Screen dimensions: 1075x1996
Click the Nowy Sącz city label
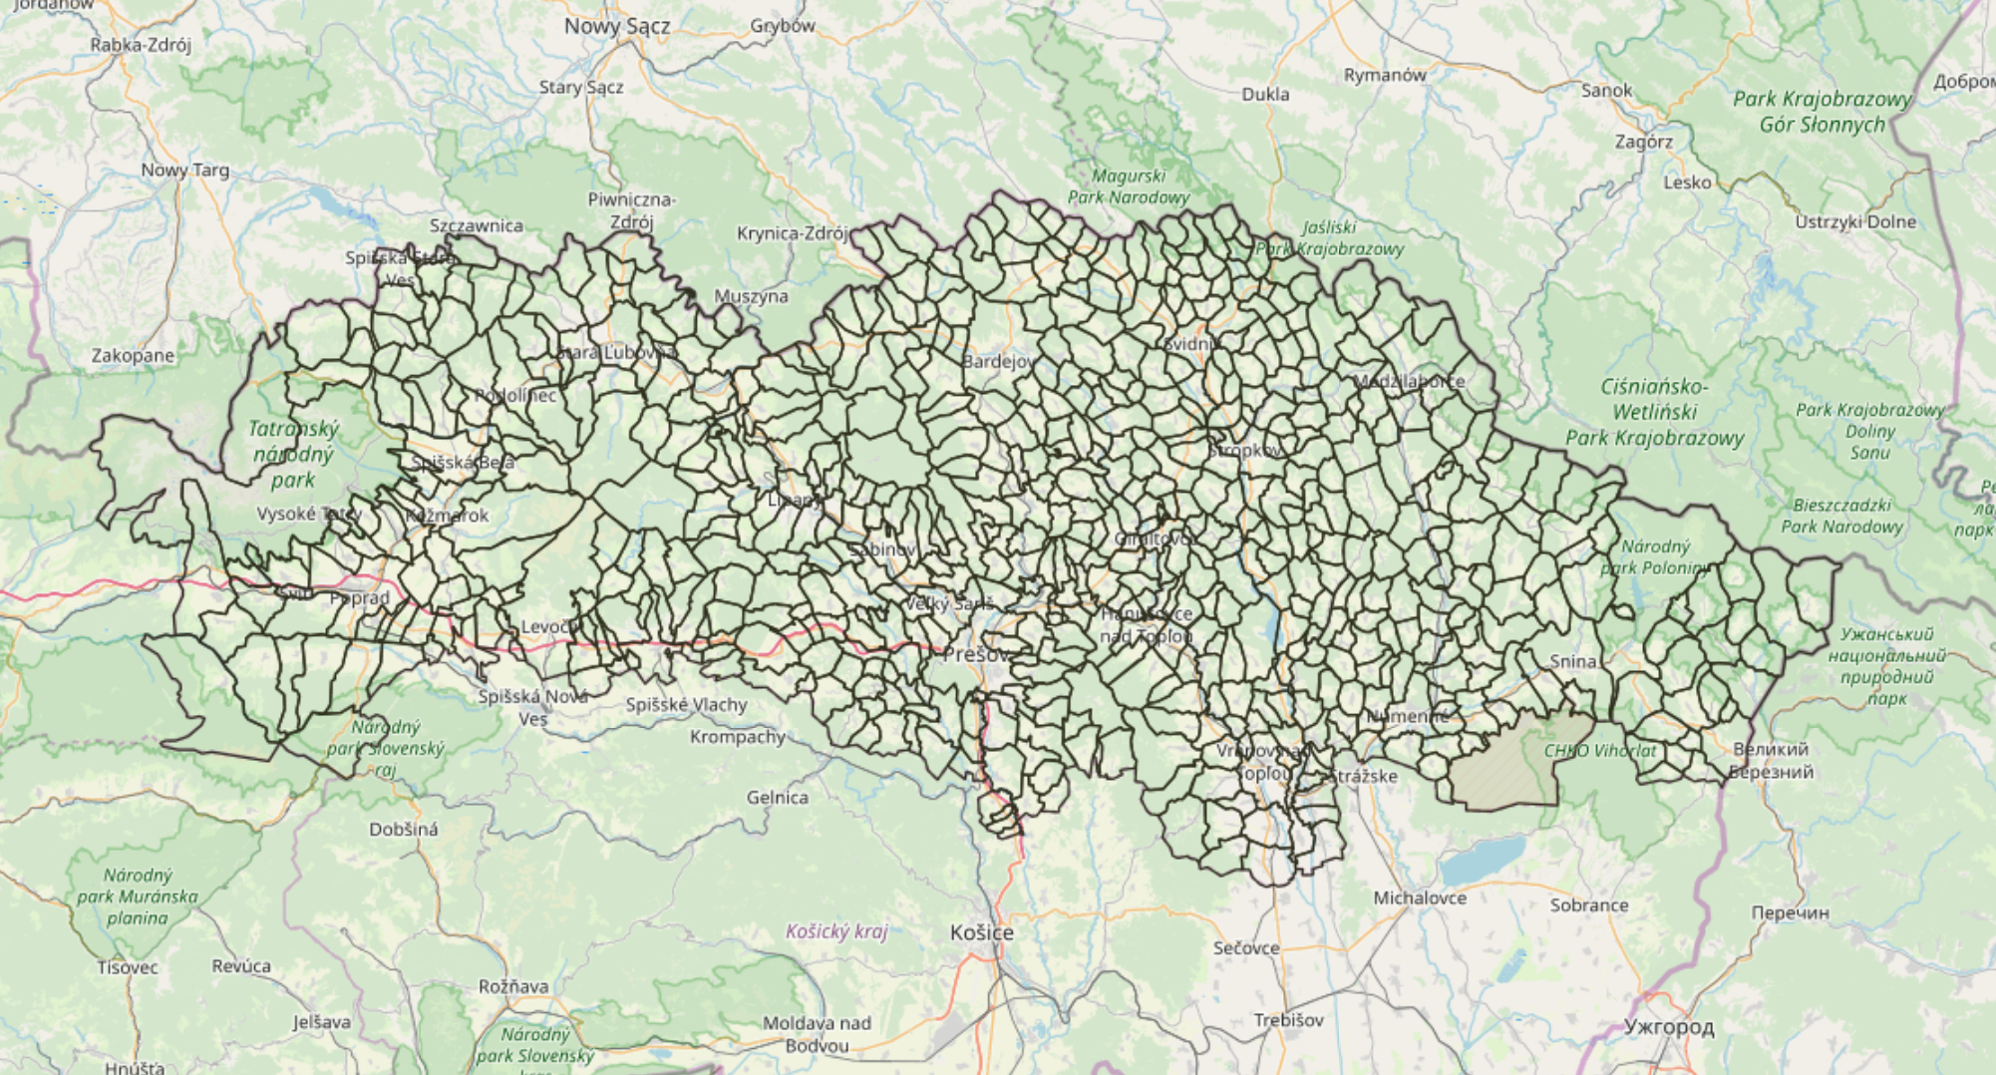[x=616, y=27]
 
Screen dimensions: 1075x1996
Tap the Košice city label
[x=981, y=932]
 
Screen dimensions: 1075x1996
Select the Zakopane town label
[x=133, y=356]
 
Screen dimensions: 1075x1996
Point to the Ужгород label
[x=1669, y=1026]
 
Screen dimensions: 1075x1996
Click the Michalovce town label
[x=1420, y=897]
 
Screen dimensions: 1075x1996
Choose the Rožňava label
[x=513, y=986]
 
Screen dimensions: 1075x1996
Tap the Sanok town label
[x=1606, y=91]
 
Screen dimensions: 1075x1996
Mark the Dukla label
[x=1265, y=95]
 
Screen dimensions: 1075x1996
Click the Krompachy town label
[x=738, y=737]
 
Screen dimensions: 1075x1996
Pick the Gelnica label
[x=777, y=798]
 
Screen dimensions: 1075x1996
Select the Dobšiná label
[x=403, y=829]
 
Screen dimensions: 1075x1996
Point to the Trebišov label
[x=1288, y=1020]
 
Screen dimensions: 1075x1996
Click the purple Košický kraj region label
[x=835, y=931]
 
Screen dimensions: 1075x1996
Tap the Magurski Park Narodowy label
[x=1129, y=186]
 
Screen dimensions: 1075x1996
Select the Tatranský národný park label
[x=293, y=454]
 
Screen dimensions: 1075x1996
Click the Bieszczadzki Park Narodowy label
[x=1841, y=516]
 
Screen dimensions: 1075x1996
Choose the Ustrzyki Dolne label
[x=1854, y=221]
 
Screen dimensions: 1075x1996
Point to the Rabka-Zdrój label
[x=141, y=45]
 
